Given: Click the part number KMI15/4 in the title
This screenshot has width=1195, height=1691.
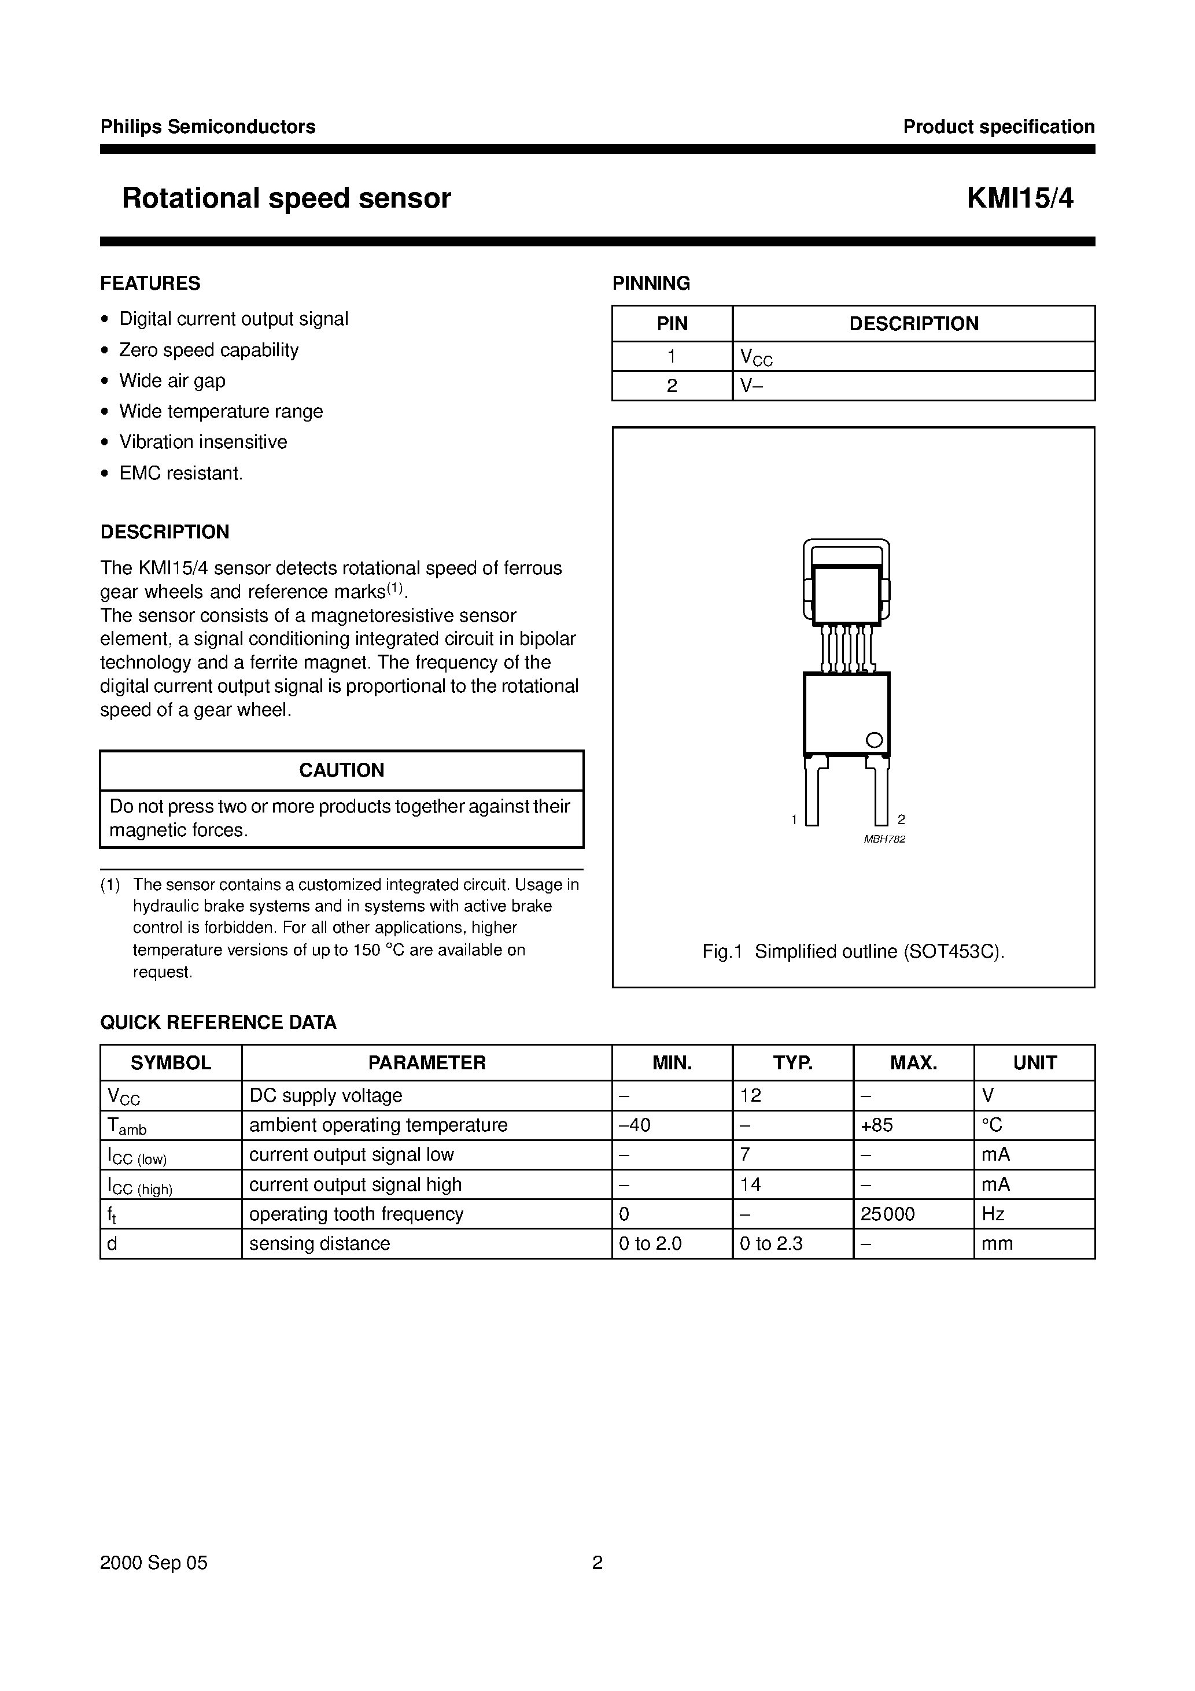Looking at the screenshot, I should click(1020, 199).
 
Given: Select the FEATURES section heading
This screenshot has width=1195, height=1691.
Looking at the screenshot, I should click(150, 283).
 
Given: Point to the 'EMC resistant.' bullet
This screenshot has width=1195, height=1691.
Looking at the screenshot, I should click(180, 473).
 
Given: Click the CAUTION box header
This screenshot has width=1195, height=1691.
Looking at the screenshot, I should click(341, 770).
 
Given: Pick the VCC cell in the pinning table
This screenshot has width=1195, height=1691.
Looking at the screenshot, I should click(756, 357).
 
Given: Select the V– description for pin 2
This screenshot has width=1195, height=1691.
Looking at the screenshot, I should click(751, 386).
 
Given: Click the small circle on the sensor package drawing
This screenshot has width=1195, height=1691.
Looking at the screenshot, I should click(874, 740).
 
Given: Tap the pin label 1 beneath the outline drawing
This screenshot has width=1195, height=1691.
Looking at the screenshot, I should click(794, 819).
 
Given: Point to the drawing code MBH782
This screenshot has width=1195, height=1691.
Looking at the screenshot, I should click(884, 839).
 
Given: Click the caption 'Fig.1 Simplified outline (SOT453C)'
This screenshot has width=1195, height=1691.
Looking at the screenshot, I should click(853, 951).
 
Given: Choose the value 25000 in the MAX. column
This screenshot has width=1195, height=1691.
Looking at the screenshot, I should click(887, 1214).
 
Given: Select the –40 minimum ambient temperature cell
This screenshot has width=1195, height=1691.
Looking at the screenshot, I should click(635, 1125).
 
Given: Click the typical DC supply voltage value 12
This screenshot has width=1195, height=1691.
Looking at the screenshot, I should click(750, 1096).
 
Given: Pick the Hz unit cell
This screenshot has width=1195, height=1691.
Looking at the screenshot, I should click(993, 1214).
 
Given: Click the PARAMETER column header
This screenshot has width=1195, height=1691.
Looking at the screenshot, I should click(426, 1063).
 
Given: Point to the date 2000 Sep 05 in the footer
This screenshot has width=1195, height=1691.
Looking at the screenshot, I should click(154, 1563).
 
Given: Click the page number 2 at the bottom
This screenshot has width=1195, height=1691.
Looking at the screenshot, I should click(597, 1563).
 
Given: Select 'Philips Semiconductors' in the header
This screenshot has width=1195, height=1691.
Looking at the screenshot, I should click(208, 127).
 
